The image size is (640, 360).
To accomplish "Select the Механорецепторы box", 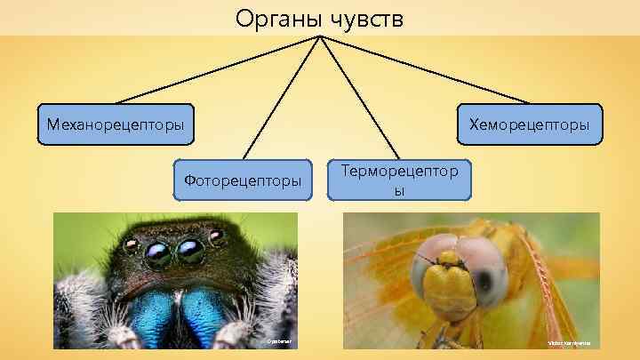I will pos(115,125).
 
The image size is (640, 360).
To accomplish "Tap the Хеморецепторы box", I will pos(529,125).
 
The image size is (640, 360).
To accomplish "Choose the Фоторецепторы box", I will pos(243,180).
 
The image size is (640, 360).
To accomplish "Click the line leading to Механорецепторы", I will pos(213,70).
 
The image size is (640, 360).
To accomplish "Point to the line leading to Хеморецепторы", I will pos(427,70).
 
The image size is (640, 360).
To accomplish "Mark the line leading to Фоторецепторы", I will pos(280,98).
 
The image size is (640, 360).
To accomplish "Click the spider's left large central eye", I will pos(158,255).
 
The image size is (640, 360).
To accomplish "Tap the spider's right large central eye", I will pos(190,252).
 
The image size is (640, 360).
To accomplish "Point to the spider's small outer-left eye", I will pos(132,243).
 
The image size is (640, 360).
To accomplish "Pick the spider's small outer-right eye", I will pos(217,236).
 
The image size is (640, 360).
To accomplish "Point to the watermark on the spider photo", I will pos(277,341).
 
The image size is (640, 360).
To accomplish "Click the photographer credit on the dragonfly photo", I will pos(568,342).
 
